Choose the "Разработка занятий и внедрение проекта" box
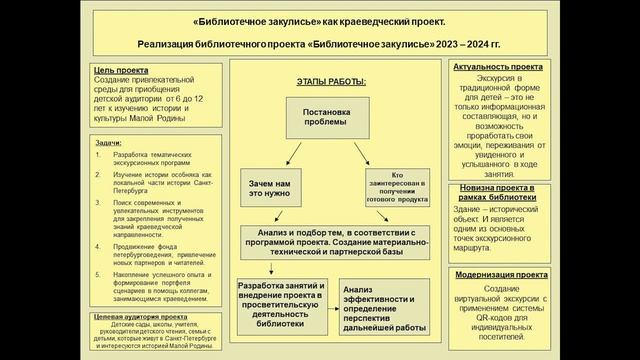[x=279, y=305]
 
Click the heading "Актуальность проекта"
[x=498, y=67]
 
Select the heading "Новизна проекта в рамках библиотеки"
[x=498, y=193]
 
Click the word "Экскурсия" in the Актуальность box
[x=498, y=78]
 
